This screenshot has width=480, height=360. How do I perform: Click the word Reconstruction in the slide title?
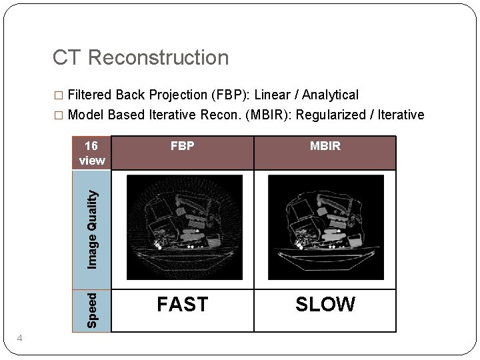point(157,58)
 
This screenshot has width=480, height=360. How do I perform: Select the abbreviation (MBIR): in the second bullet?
point(269,115)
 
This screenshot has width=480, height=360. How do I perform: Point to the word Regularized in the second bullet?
point(330,115)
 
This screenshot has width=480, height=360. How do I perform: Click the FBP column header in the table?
point(182,146)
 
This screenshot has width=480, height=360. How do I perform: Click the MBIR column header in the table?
point(325,146)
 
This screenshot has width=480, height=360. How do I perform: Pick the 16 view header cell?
point(91,153)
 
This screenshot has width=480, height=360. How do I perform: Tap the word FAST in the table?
point(182,305)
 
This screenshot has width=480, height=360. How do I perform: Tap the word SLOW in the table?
point(325,305)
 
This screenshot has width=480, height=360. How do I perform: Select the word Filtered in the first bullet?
point(93,95)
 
